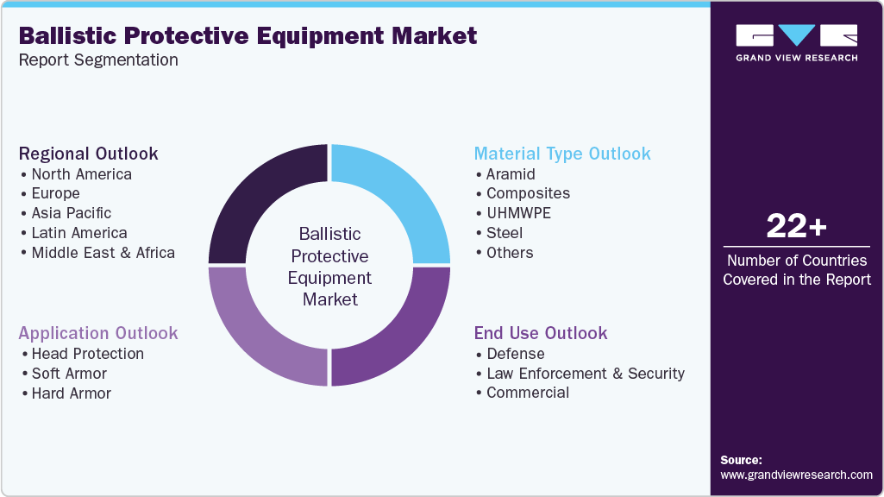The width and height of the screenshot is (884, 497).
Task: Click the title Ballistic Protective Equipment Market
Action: click(248, 35)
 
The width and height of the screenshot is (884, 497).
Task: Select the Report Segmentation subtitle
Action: click(98, 60)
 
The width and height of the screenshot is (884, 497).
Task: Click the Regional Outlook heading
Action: click(88, 154)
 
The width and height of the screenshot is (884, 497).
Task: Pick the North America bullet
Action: click(81, 174)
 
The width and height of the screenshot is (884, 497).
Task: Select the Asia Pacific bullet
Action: click(71, 213)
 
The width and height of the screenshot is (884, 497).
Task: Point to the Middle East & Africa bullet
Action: click(103, 253)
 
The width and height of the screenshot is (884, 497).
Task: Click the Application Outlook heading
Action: click(98, 333)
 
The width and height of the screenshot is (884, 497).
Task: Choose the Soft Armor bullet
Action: click(69, 374)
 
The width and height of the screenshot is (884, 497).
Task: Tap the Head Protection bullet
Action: click(87, 354)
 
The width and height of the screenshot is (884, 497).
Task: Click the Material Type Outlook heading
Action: click(562, 154)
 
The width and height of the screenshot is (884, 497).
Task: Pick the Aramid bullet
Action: click(511, 174)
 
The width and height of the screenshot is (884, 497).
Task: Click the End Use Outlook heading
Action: click(541, 333)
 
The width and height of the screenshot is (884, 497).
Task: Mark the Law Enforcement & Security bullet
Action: click(585, 374)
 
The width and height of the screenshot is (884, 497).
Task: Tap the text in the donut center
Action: click(329, 267)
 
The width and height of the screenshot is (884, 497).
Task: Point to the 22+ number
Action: click(796, 226)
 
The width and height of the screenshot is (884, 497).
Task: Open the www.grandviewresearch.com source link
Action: click(796, 475)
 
